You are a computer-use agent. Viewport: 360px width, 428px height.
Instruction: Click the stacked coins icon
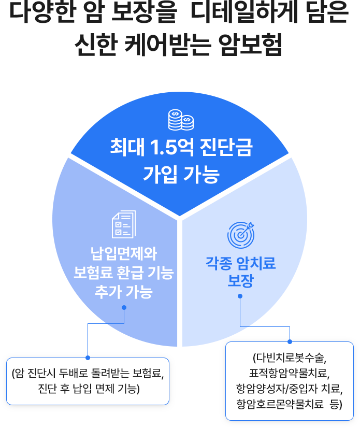tap(181, 120)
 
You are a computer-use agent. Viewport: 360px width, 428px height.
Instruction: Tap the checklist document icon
tap(124, 224)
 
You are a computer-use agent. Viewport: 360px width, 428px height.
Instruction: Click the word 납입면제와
tap(124, 254)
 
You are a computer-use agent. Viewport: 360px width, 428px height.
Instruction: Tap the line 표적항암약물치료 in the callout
tap(289, 373)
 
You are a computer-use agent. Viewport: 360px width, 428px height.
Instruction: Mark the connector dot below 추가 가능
tap(124, 307)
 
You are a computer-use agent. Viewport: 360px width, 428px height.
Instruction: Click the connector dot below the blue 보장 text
tap(240, 296)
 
